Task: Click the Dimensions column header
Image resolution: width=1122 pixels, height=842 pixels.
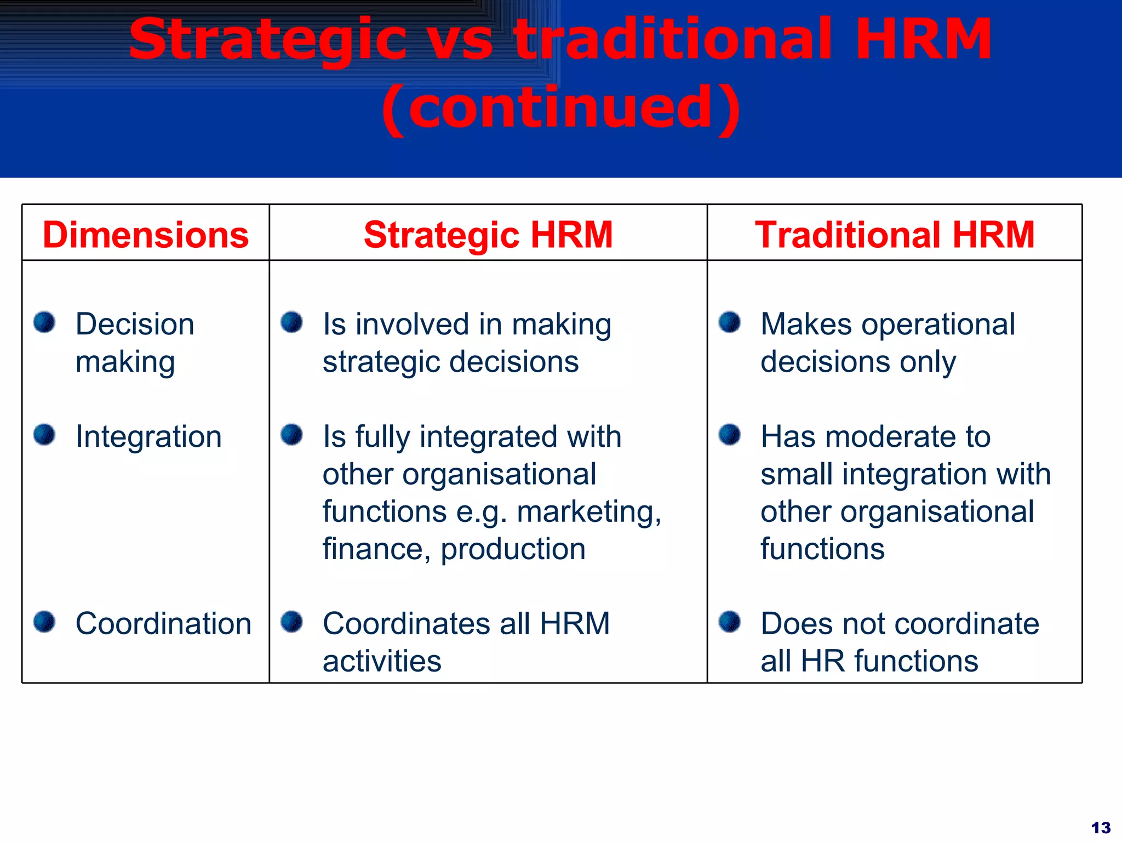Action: [x=146, y=235]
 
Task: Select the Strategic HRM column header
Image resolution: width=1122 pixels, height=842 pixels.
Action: [x=488, y=235]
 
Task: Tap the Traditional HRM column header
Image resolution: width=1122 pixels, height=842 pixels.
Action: [x=895, y=235]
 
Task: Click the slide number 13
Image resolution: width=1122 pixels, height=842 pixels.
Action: [x=1101, y=827]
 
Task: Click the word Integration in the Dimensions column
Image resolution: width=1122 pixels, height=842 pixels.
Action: [x=148, y=437]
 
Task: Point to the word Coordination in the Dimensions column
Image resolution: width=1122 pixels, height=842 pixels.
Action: [x=163, y=624]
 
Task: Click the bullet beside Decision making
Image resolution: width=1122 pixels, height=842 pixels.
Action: [x=44, y=322]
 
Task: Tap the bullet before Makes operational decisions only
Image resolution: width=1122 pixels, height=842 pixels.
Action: [x=730, y=322]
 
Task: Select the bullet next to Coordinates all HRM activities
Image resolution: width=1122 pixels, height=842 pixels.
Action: [x=291, y=622]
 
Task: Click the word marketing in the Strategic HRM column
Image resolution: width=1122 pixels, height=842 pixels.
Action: [x=588, y=512]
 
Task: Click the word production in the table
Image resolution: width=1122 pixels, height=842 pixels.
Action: [x=513, y=549]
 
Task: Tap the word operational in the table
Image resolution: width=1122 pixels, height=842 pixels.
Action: [x=938, y=324]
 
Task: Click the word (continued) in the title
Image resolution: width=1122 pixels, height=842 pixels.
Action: [x=561, y=108]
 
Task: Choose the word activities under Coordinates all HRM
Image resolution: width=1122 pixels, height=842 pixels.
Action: [x=382, y=661]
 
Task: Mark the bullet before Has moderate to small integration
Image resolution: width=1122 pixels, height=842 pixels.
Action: [x=730, y=435]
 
